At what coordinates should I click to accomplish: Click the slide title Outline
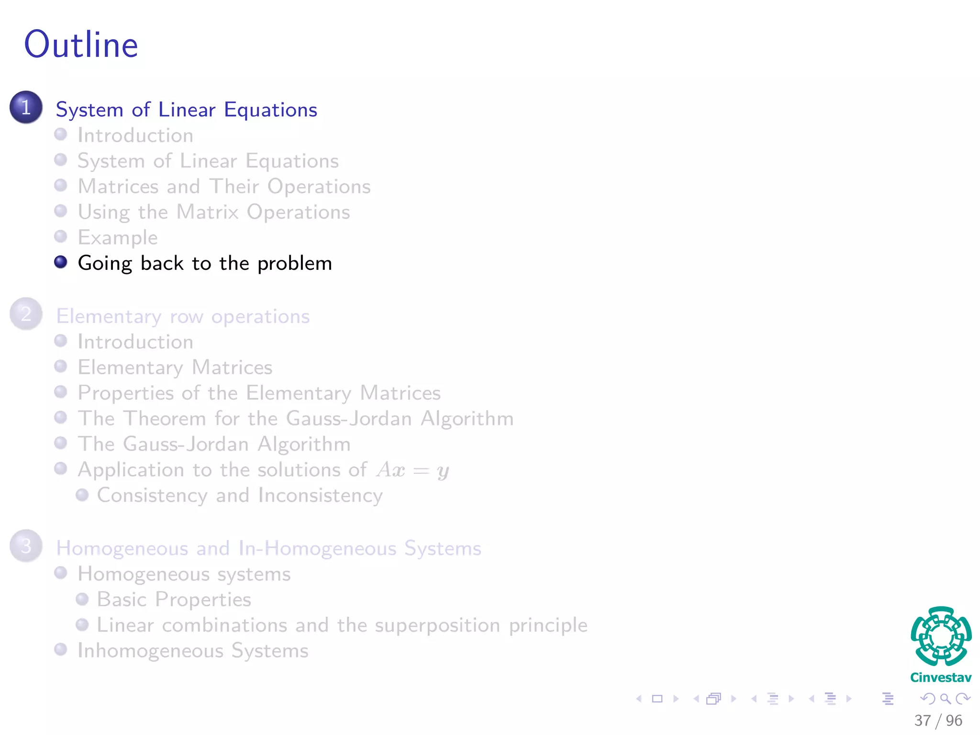[81, 45]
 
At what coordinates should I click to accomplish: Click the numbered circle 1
[26, 107]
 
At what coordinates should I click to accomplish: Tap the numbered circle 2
[26, 314]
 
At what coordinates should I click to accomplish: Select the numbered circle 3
[26, 546]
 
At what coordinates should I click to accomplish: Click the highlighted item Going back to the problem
[205, 263]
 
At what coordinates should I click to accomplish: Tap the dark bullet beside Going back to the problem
[61, 262]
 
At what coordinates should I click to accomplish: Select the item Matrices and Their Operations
[224, 187]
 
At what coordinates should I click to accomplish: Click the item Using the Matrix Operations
[214, 212]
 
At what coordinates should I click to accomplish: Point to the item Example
[118, 238]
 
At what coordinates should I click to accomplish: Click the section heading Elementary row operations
[183, 316]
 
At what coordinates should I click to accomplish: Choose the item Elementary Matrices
[175, 367]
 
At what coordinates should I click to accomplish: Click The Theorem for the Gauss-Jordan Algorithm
[296, 419]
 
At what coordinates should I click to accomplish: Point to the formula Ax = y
[412, 470]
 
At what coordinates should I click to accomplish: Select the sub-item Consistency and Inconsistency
[240, 495]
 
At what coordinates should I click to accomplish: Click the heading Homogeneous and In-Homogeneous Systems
[268, 548]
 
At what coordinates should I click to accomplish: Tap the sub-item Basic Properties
[174, 600]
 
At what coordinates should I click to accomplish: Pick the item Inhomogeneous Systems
[193, 651]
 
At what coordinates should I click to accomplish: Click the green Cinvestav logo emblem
[941, 636]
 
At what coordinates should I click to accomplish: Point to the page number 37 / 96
[938, 720]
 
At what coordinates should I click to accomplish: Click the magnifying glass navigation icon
[945, 699]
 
